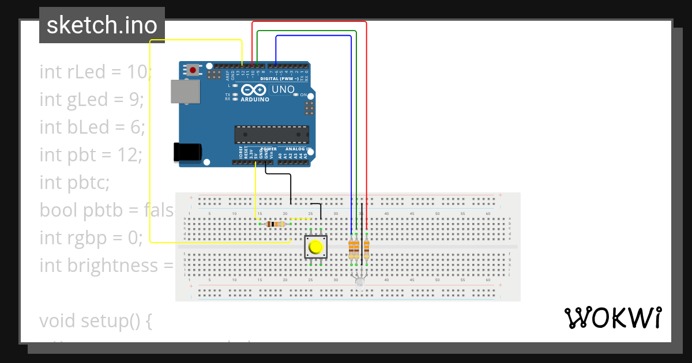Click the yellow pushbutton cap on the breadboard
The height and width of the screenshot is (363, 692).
[315, 248]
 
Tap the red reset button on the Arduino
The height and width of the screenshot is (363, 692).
[193, 70]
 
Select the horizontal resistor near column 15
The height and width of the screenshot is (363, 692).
[276, 224]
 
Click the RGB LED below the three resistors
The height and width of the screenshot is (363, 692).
[359, 281]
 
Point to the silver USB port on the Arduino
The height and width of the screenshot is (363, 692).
[185, 92]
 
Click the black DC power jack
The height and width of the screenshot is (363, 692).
[187, 152]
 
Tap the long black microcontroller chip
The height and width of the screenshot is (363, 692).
[269, 134]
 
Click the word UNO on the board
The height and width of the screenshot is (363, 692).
[283, 90]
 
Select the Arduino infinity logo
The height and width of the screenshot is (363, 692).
[254, 90]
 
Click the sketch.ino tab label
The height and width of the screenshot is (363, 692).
[102, 25]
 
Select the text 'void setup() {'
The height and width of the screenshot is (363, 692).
[95, 320]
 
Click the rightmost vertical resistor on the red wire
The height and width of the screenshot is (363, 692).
[366, 249]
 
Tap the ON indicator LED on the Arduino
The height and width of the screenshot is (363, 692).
[296, 94]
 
